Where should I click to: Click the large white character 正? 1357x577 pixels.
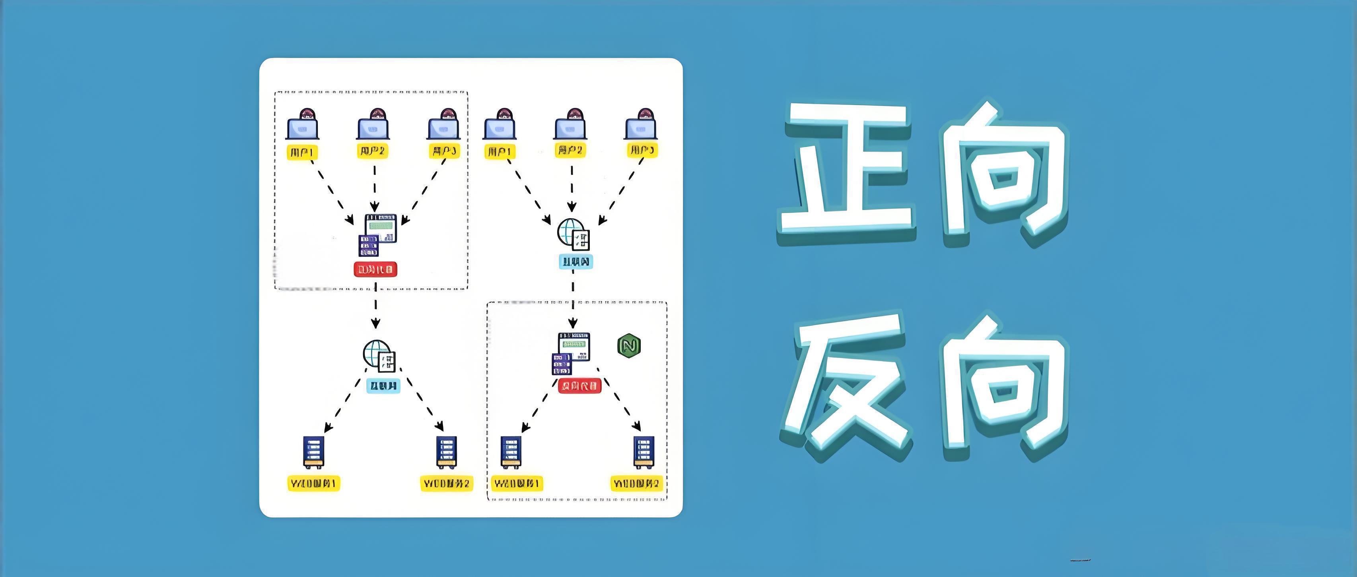847,171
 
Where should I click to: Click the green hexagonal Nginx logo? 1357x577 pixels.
628,346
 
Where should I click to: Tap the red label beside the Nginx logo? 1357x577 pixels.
579,386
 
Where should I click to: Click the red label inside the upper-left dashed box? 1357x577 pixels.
375,269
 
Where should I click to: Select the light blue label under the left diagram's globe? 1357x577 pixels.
383,386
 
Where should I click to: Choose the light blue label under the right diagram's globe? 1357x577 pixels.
575,261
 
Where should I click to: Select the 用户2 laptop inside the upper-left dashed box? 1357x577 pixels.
373,126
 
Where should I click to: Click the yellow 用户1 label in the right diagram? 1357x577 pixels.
500,152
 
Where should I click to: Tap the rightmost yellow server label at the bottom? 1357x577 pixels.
636,483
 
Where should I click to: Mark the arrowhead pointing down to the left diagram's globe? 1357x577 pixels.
375,323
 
